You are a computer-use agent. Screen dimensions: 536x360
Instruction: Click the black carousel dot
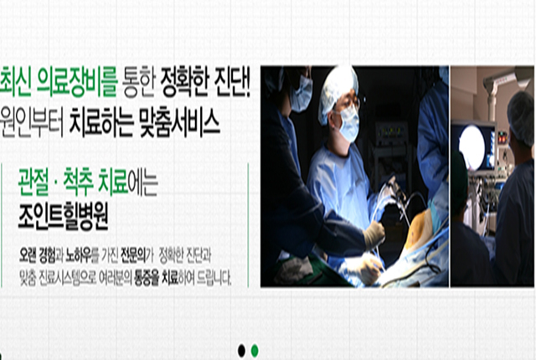241,351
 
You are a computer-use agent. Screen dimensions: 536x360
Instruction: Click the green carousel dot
255,351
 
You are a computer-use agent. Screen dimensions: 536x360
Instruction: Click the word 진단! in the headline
233,82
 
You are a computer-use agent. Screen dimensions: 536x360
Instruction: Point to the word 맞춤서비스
180,122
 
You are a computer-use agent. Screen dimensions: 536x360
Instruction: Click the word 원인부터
32,122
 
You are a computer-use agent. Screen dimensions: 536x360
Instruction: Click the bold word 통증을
147,278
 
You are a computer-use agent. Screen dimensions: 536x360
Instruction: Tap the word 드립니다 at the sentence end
214,278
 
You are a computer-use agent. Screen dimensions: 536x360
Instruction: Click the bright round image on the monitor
472,147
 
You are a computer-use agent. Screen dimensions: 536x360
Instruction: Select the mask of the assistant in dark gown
301,95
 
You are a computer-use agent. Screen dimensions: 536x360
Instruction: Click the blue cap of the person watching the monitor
521,117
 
